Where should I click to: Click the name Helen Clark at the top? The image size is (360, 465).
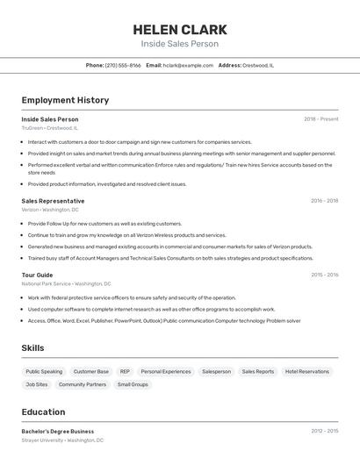point(180,29)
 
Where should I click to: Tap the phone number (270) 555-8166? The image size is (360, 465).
point(123,65)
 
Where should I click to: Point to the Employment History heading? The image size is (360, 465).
point(65,100)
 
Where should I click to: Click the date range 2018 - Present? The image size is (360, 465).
point(321,118)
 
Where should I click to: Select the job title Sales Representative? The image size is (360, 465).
point(53,201)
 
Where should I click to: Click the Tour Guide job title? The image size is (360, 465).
point(37,275)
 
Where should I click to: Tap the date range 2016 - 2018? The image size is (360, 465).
point(324,201)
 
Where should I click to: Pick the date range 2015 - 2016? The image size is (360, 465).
point(324,275)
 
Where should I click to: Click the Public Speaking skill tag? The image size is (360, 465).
point(44,371)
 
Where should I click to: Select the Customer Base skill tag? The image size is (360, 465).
point(91,371)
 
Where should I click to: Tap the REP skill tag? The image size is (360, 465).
point(125,371)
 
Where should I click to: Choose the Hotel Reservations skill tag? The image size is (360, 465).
point(307,371)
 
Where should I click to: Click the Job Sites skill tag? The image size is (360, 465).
point(37,384)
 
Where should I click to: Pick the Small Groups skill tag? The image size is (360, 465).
point(133,384)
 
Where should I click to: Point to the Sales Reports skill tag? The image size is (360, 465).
point(258,371)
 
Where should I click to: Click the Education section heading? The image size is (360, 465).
point(43,411)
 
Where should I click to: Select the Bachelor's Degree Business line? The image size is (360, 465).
point(58,431)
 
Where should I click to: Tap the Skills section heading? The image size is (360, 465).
point(33,348)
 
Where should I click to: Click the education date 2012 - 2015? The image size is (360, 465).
point(324,431)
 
